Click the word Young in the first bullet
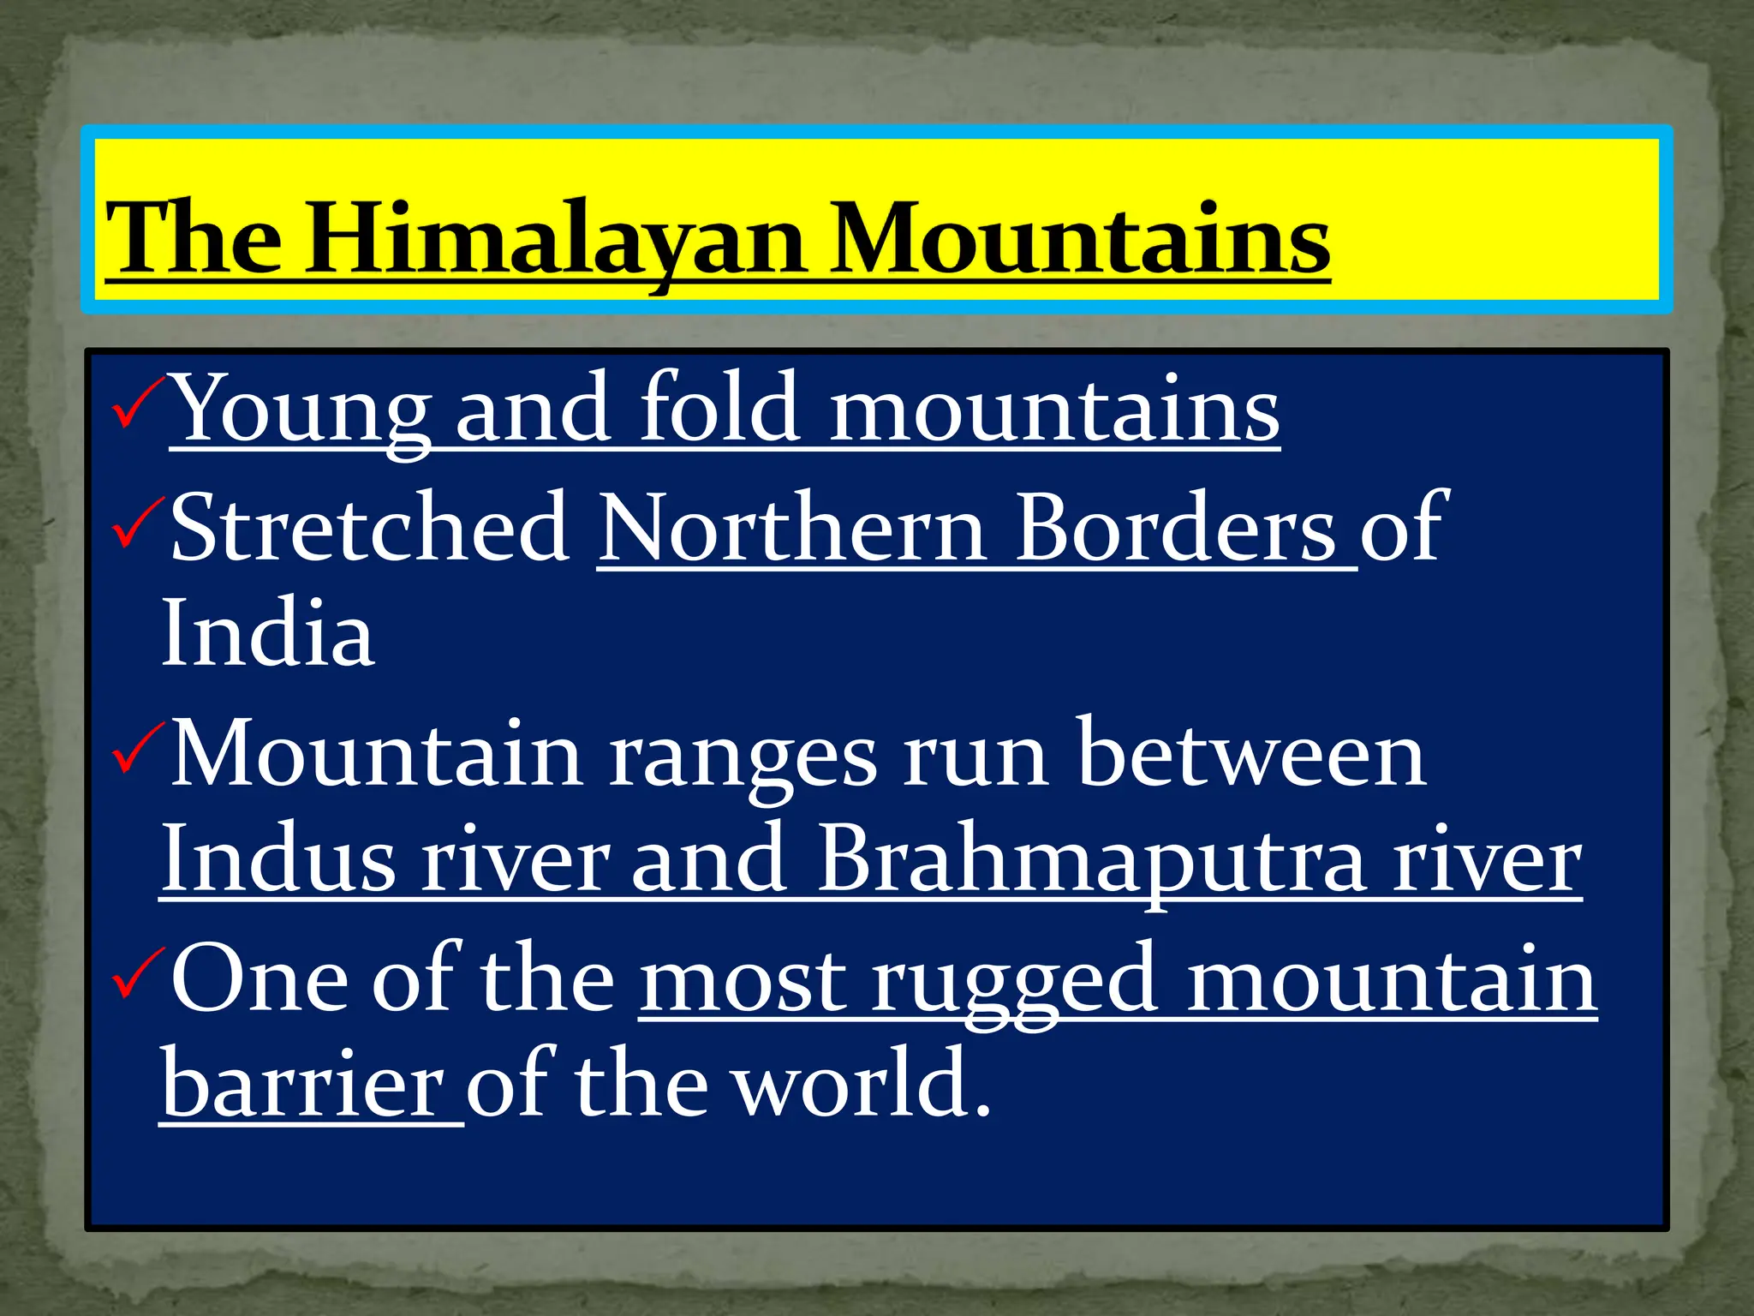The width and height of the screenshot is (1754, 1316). tap(301, 410)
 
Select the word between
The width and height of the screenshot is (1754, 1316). tap(1251, 754)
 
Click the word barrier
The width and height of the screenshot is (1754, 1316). tap(303, 1084)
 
